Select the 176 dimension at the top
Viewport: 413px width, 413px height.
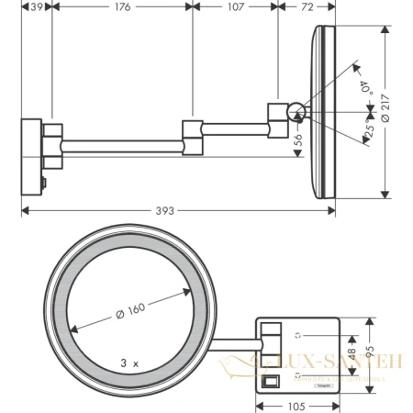pos(122,7)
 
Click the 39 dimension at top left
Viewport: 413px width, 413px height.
pos(38,7)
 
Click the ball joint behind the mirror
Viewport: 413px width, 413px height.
pos(296,113)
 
